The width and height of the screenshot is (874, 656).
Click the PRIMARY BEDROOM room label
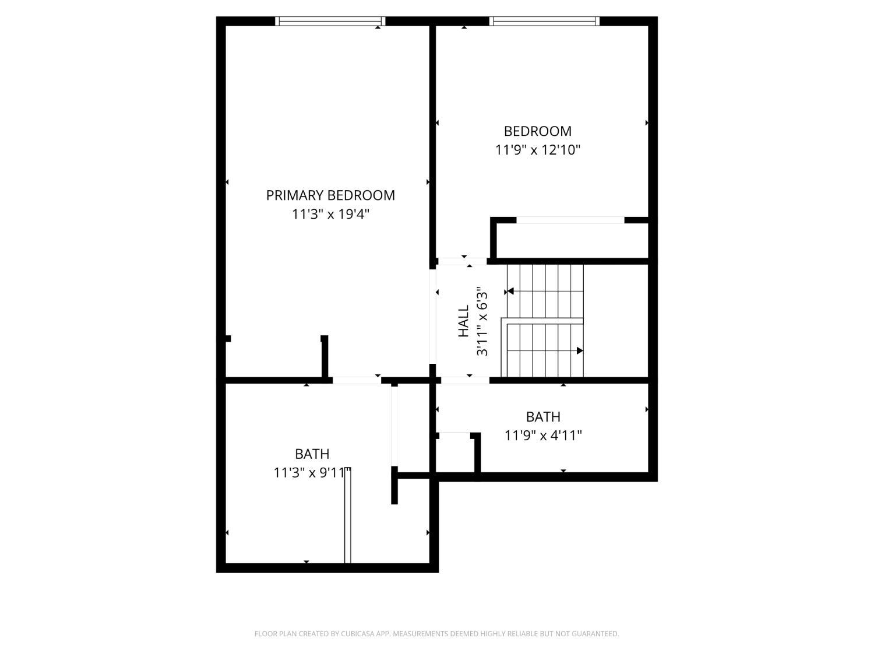tap(330, 195)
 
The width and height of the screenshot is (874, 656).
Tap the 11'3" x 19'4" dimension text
tap(330, 214)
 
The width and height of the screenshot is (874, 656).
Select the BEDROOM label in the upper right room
tap(538, 131)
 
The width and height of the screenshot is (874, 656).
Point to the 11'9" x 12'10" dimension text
tap(538, 150)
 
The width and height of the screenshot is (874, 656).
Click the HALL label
tap(463, 321)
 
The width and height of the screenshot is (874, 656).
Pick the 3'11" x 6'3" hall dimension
tap(482, 321)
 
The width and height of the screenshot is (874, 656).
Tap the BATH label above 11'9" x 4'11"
tap(543, 416)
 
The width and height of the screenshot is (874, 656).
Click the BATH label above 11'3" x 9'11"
tap(312, 454)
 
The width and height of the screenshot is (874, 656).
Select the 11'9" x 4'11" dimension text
tap(543, 436)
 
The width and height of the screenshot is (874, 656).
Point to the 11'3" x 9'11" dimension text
tap(312, 473)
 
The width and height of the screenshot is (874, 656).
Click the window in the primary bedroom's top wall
tap(330, 21)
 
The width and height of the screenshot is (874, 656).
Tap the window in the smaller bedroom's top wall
tap(544, 21)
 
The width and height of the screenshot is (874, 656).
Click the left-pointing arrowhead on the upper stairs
tap(510, 291)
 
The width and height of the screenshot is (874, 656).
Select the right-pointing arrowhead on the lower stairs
tap(580, 350)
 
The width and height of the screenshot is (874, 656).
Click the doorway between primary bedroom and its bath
tap(357, 380)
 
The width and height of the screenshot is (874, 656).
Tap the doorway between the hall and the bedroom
tap(462, 261)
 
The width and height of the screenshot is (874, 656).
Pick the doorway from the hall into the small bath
tap(465, 380)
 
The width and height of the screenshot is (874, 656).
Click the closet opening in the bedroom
tap(570, 220)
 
